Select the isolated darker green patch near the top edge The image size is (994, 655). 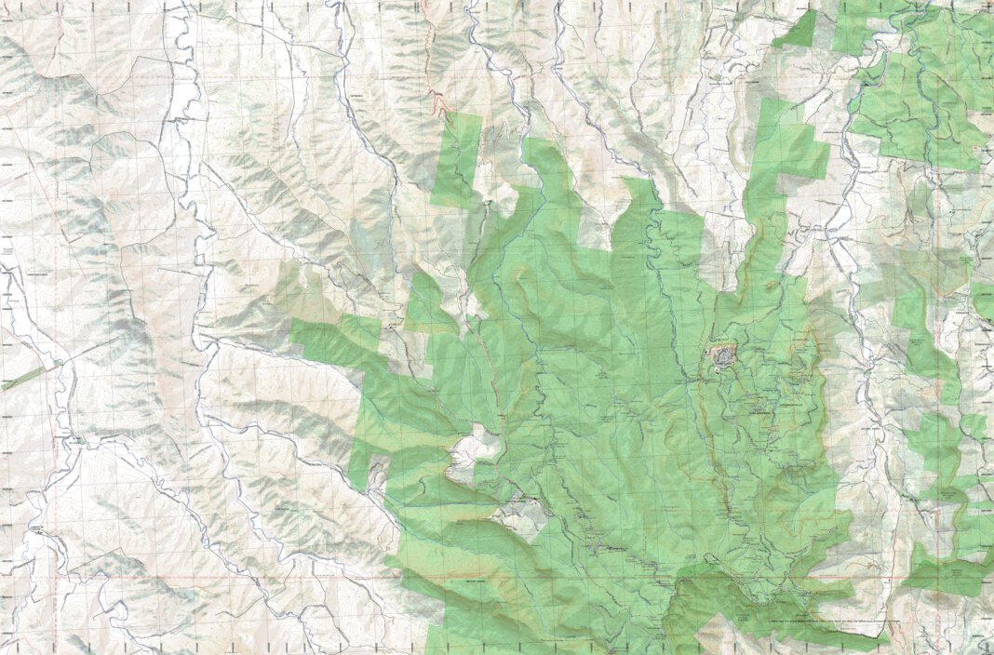coord(799,31)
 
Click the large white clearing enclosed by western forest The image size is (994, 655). coord(475,453)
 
